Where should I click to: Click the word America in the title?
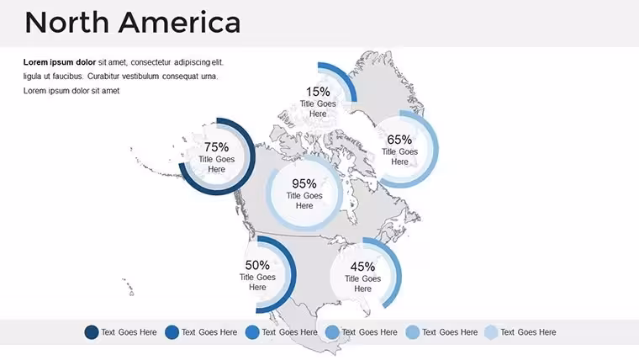pyautogui.click(x=179, y=23)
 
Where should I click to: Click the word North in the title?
pyautogui.click(x=66, y=23)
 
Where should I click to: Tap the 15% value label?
pyautogui.click(x=318, y=92)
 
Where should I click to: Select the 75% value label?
pyautogui.click(x=216, y=146)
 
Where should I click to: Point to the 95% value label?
pyautogui.click(x=304, y=183)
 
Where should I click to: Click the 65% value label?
pyautogui.click(x=399, y=140)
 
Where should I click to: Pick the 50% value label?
pyautogui.click(x=257, y=265)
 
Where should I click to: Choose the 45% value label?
pyautogui.click(x=362, y=267)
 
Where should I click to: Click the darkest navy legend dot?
pyautogui.click(x=92, y=332)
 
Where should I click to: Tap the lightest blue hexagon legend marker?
pyautogui.click(x=492, y=332)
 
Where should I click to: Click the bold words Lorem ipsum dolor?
pyautogui.click(x=60, y=62)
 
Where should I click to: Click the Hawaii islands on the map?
pyautogui.click(x=128, y=287)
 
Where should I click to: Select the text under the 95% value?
pyautogui.click(x=304, y=200)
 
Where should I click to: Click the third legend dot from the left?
pyautogui.click(x=252, y=332)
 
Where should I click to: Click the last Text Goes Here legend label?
pyautogui.click(x=528, y=332)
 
